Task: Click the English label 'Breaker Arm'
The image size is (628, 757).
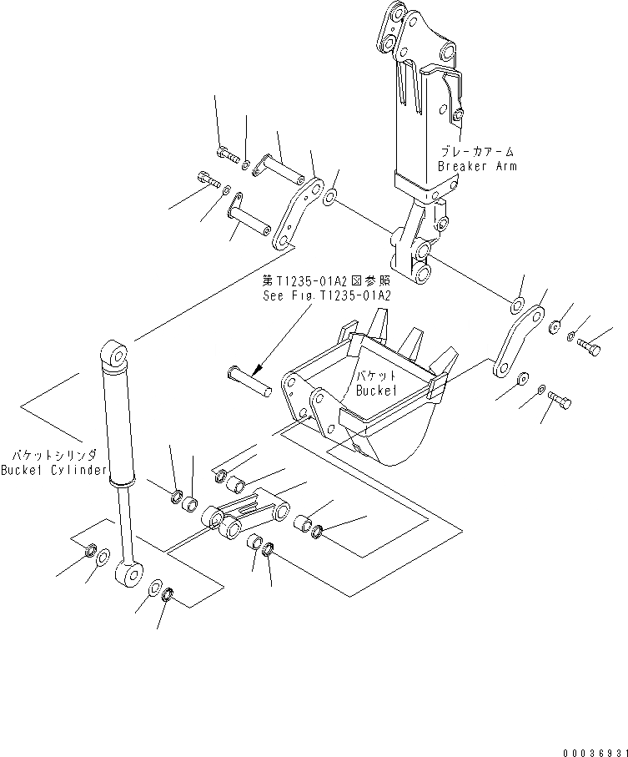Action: [x=477, y=166]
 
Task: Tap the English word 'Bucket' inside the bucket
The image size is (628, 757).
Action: [x=376, y=390]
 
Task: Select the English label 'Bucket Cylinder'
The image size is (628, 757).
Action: [x=54, y=470]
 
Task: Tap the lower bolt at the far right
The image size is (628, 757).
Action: [x=560, y=401]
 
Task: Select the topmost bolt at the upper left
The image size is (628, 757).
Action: [x=224, y=153]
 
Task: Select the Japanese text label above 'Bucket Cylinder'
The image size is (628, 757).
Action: [x=54, y=455]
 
